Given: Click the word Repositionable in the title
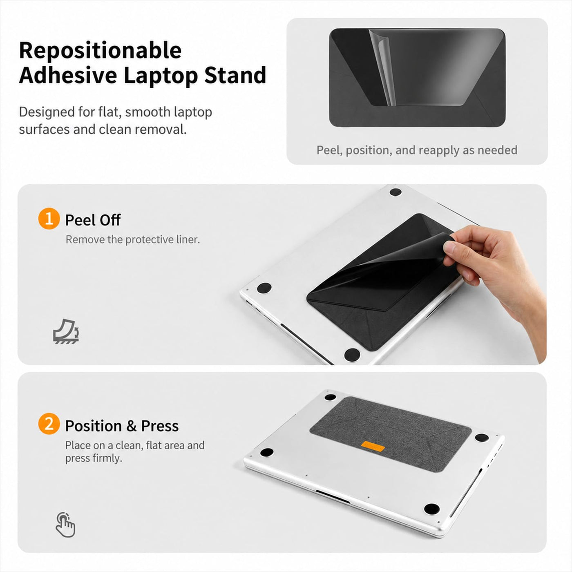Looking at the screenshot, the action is [x=101, y=51].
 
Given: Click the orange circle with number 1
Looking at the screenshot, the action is [x=49, y=219].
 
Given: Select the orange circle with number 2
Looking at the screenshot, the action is [x=49, y=424].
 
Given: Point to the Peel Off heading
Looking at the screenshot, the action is [x=93, y=220].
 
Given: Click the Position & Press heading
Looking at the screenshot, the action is [x=122, y=426].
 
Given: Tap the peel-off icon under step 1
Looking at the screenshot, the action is [x=66, y=331].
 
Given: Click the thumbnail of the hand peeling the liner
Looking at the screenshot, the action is [x=393, y=274].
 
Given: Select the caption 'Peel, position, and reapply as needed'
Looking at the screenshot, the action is [x=417, y=150].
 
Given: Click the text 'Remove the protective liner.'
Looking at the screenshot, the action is [x=133, y=239].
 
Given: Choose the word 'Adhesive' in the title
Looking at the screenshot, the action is [x=68, y=76].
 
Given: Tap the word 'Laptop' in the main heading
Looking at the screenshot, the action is [x=161, y=76].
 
